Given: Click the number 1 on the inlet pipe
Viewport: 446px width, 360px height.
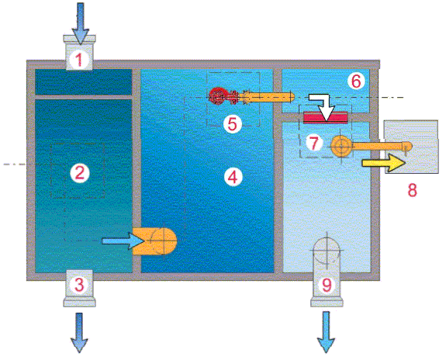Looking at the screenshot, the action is coord(78,60).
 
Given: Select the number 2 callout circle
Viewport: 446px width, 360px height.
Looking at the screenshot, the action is coord(80,173).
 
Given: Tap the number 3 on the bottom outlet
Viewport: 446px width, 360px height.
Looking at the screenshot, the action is coord(79,285).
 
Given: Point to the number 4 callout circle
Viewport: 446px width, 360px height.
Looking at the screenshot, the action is coord(233,177).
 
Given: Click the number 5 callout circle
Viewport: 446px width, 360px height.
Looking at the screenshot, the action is coord(233,124).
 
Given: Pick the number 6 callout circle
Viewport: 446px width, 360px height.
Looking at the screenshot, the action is coord(356,81).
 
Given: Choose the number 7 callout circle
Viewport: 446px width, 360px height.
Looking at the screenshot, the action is coord(314,142).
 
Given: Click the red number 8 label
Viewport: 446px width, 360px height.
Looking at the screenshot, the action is coord(413,190).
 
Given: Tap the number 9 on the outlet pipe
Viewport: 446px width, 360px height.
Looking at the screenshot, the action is coord(327,284).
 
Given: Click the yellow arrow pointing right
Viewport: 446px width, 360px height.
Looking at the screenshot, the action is coord(384,163).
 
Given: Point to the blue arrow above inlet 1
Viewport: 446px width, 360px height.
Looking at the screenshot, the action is coord(81,23).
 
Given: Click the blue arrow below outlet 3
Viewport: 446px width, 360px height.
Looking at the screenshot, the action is coord(79,333).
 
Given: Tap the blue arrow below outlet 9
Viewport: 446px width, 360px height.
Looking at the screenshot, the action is coord(327,332).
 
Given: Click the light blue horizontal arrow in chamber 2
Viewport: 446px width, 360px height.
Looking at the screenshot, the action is coord(123,241).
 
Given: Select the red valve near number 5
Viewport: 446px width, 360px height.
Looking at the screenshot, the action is coord(224,96).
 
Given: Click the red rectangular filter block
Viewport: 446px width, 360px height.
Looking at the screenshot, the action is coord(326,117).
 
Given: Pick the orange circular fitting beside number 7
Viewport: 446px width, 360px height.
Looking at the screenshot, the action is coord(341,146).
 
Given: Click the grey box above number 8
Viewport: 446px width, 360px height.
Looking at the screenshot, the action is coord(411,147).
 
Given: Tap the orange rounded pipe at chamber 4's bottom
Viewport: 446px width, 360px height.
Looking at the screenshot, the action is coord(154,241).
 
